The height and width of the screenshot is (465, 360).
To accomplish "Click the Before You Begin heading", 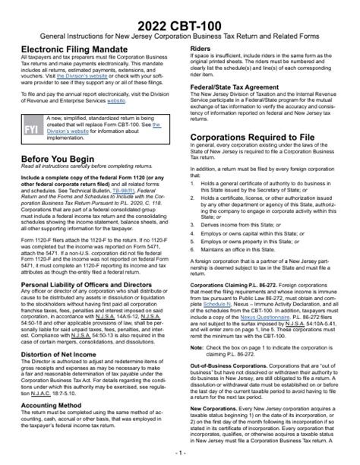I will coord(59,159).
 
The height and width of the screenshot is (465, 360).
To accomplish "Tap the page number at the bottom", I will coord(180,453).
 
